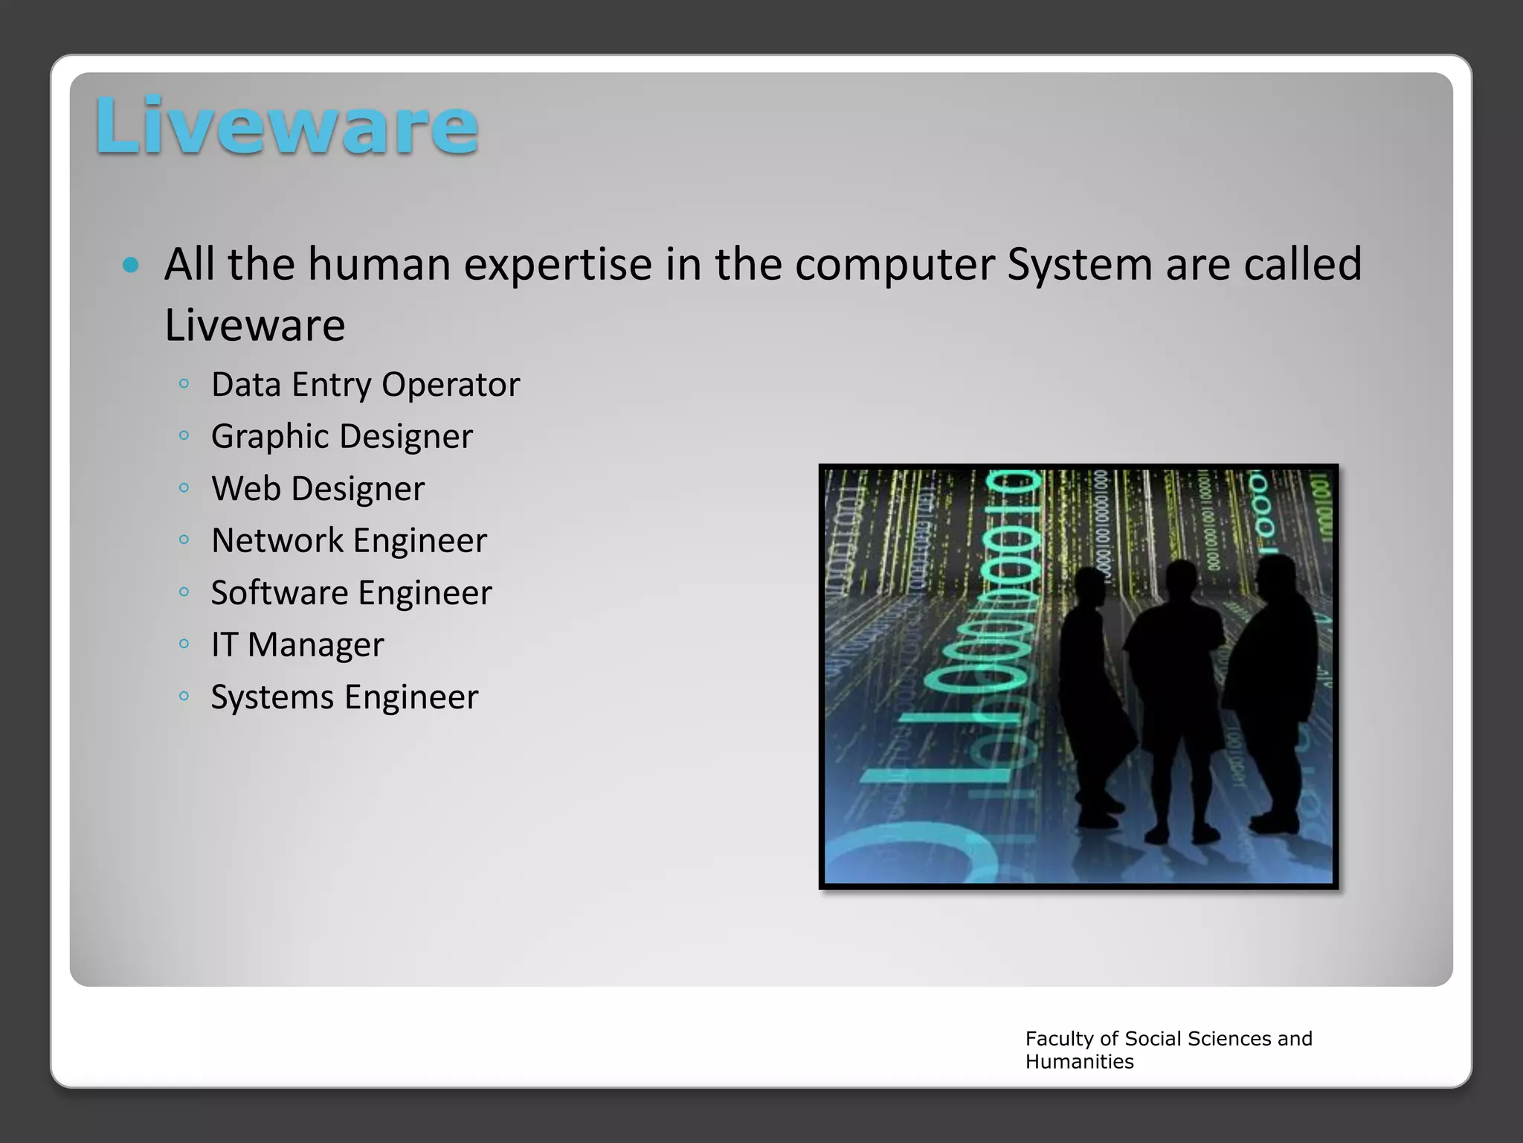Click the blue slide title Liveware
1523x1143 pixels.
286,127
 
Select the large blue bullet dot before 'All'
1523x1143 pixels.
131,265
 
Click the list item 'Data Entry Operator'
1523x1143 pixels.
365,385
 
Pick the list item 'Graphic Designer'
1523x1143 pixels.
341,437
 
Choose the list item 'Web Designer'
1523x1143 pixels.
318,489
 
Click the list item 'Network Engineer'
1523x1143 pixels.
349,541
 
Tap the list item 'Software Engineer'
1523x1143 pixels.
351,593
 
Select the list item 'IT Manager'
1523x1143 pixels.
297,645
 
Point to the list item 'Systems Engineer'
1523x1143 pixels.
344,697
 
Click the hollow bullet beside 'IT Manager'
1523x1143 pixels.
184,644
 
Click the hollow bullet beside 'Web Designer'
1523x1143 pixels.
184,488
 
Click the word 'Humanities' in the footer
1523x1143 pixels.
1079,1062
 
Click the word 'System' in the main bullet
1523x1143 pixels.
1079,265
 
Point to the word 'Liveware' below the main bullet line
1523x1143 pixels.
255,326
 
